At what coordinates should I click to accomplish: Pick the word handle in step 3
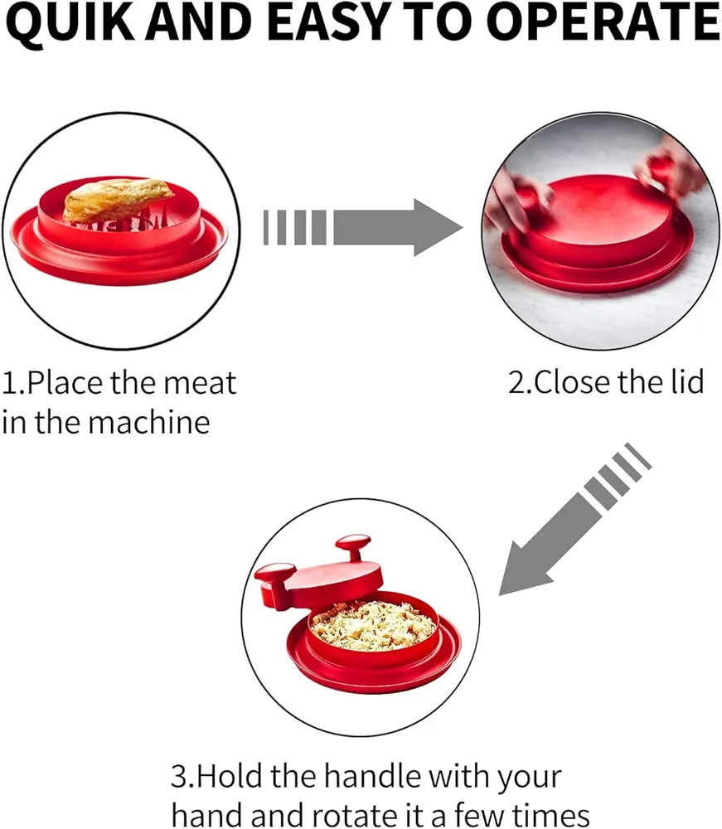point(373,776)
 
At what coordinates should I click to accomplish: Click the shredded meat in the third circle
point(373,626)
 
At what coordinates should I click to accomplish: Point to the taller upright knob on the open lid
point(355,548)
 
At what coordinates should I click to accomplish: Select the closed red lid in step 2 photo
point(600,216)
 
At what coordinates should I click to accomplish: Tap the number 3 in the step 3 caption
point(179,777)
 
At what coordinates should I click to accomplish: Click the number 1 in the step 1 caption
point(9,383)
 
